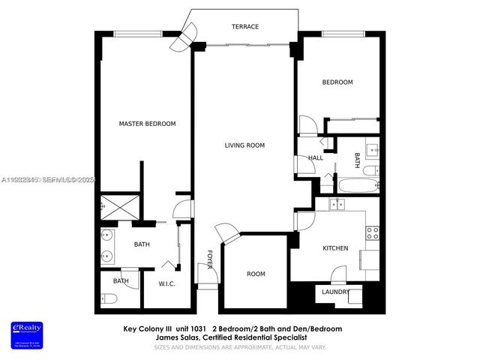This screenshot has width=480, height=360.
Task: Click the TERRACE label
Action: [x=244, y=27]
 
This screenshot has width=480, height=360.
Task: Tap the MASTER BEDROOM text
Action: [x=148, y=124]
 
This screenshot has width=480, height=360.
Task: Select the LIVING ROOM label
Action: [x=244, y=145]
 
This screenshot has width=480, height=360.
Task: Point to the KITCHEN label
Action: [x=334, y=248]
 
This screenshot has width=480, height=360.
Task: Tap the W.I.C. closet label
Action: [x=166, y=283]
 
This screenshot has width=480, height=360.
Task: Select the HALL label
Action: [x=315, y=158]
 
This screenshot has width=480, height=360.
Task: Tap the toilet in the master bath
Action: [x=107, y=298]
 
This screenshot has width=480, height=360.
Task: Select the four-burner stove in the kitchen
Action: [x=370, y=232]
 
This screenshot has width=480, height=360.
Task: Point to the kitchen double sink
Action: [x=337, y=204]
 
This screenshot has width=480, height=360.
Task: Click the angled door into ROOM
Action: [x=226, y=233]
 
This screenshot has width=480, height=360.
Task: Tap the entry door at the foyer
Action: [x=209, y=274]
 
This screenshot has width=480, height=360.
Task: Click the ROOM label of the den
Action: [x=256, y=274]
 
